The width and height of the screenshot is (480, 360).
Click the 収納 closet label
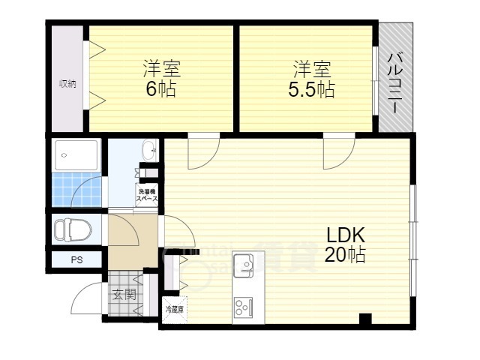[x=67, y=84]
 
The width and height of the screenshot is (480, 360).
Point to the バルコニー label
[x=396, y=77]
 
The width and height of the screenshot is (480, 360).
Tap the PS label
[x=76, y=260]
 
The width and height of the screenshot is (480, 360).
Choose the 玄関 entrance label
[x=124, y=295]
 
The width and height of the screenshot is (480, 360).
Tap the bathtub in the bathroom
[x=76, y=155]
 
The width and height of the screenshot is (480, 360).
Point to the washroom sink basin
[x=148, y=148]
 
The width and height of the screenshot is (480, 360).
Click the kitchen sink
[x=244, y=263]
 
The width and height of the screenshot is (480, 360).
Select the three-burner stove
[x=244, y=307]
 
